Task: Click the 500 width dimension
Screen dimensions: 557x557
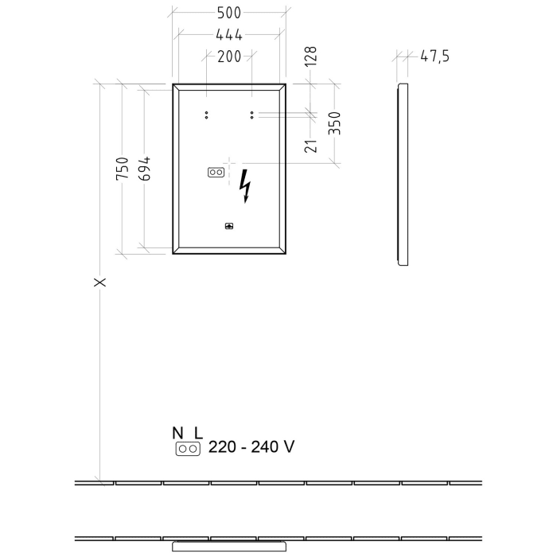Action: point(228,14)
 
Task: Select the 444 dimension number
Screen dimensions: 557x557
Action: point(228,34)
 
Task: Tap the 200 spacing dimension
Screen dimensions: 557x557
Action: point(228,56)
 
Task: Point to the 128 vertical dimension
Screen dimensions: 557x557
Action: point(311,56)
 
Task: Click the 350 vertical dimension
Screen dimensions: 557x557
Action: point(336,123)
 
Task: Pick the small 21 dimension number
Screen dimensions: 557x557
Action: point(311,145)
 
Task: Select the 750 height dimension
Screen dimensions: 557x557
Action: point(122,169)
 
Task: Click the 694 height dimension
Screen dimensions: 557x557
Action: point(144,169)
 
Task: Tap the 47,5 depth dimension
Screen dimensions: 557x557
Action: point(434,56)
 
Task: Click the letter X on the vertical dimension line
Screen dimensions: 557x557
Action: point(99,282)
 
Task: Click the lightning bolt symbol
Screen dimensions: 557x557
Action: point(246,186)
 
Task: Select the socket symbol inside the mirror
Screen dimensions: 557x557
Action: point(216,172)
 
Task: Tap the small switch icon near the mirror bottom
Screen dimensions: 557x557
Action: point(229,225)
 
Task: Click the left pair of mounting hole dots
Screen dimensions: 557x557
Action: point(206,115)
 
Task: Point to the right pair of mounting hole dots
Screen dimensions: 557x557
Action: point(251,115)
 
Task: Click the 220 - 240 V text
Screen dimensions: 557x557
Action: point(251,447)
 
